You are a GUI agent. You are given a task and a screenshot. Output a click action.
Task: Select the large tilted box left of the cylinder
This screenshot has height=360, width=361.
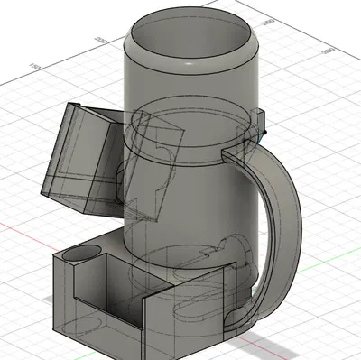pos(77,158)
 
